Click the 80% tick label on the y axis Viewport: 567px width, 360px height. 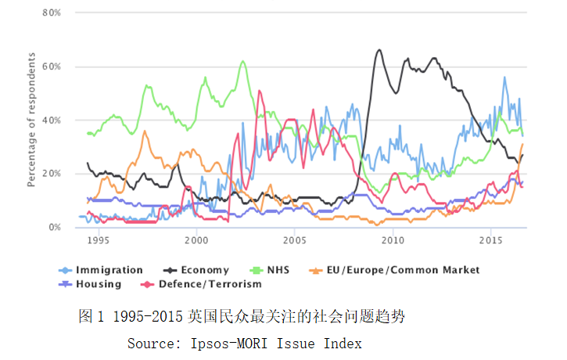pyautogui.click(x=51, y=13)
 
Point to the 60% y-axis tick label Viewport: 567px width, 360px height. pyautogui.click(x=51, y=67)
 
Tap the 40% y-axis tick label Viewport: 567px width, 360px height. pyautogui.click(x=51, y=121)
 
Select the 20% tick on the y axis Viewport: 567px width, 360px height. pyautogui.click(x=51, y=174)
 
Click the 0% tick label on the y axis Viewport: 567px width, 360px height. pyautogui.click(x=54, y=227)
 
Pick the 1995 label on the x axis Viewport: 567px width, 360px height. pyautogui.click(x=98, y=239)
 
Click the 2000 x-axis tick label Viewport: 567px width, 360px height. pyautogui.click(x=196, y=239)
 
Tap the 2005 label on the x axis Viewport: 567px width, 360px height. pyautogui.click(x=294, y=239)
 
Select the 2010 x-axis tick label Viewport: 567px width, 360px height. pyautogui.click(x=393, y=239)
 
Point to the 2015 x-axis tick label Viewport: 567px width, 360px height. pyautogui.click(x=490, y=239)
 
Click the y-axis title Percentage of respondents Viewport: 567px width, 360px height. pyautogui.click(x=31, y=120)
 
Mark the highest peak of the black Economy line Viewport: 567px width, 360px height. pyautogui.click(x=380, y=50)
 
